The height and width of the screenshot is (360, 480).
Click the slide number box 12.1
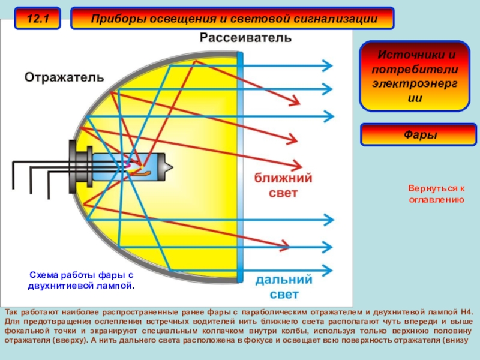point(37,19)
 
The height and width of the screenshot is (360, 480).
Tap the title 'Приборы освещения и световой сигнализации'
point(234,19)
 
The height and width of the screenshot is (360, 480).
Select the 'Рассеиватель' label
point(245,38)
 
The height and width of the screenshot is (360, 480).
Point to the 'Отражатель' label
point(64,77)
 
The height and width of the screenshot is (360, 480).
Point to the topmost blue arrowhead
point(327,65)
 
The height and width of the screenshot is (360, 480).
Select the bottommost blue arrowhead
point(327,269)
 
